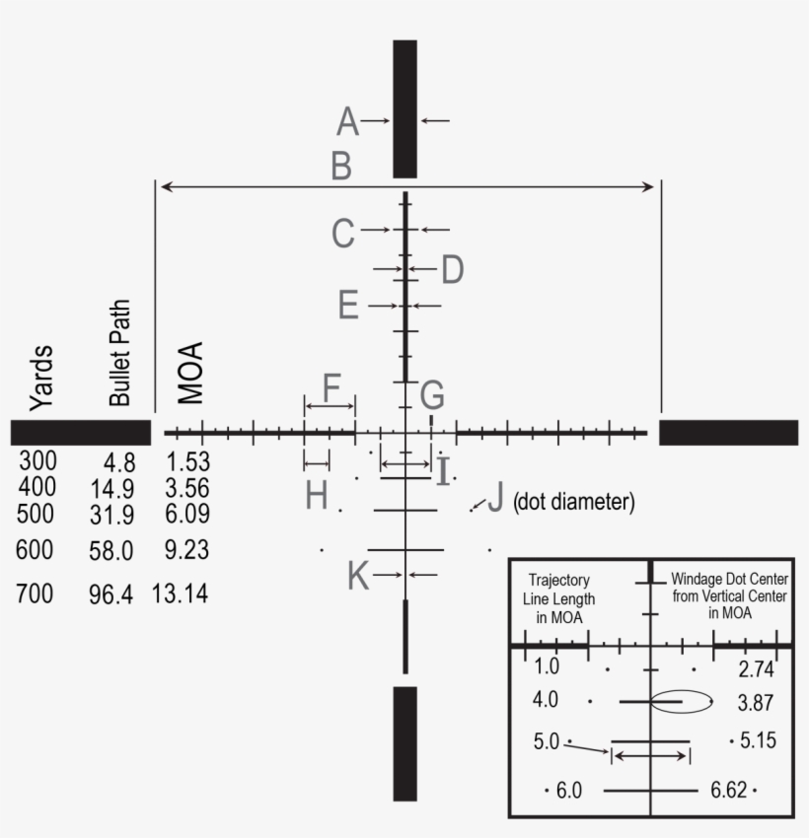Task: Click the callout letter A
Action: pyautogui.click(x=347, y=121)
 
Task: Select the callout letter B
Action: pyautogui.click(x=341, y=166)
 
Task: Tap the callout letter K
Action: pyautogui.click(x=358, y=575)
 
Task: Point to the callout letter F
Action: pyautogui.click(x=332, y=387)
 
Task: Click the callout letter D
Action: pyautogui.click(x=453, y=269)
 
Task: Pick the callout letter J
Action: pyautogui.click(x=495, y=498)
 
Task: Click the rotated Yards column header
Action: pyautogui.click(x=41, y=378)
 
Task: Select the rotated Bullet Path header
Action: pyautogui.click(x=119, y=353)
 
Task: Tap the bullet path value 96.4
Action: pyautogui.click(x=111, y=594)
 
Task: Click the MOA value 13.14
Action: pyautogui.click(x=180, y=594)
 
